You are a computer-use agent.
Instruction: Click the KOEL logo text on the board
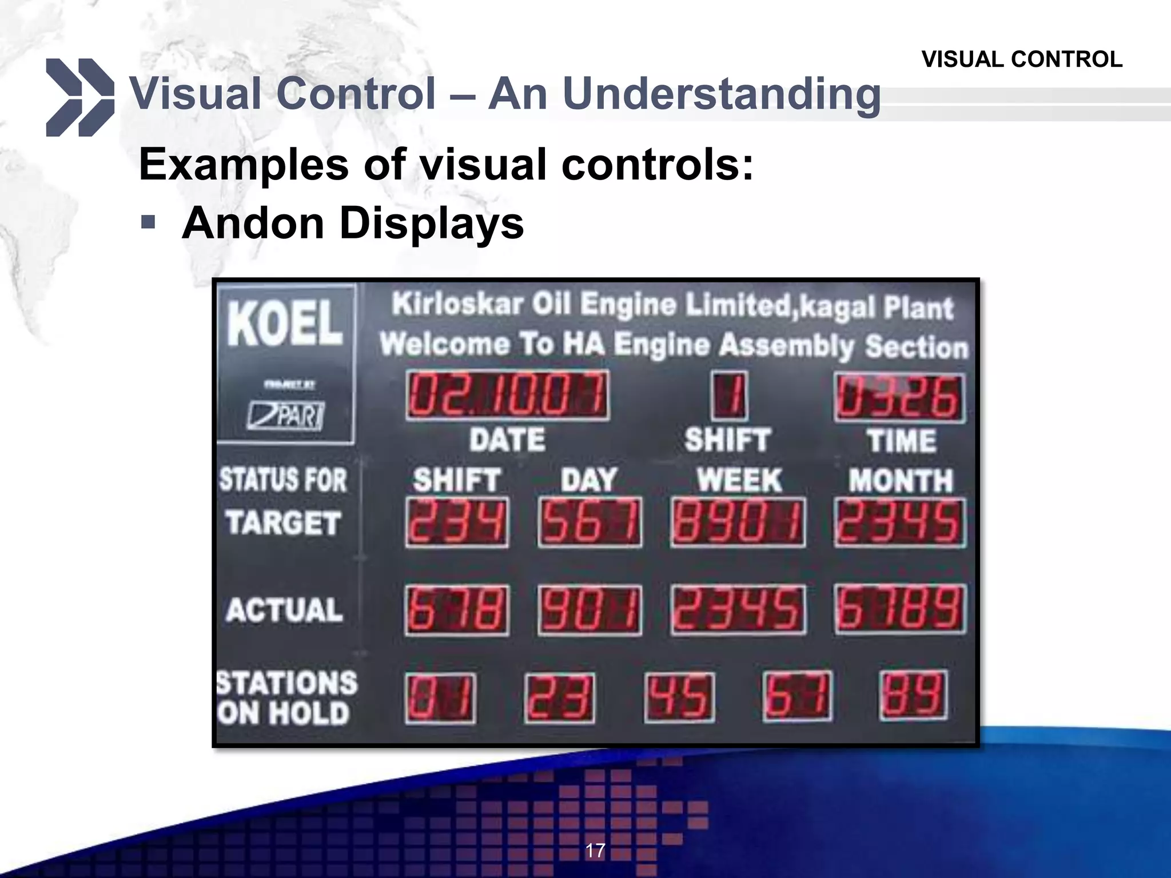285,323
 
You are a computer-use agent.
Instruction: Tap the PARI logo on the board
286,415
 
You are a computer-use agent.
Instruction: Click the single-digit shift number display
729,396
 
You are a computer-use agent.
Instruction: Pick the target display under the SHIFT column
457,522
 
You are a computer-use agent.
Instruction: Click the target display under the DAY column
590,522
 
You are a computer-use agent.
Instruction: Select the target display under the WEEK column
738,522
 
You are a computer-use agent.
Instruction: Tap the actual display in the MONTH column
900,609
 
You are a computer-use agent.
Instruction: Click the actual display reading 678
457,610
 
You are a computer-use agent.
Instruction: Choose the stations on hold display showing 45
679,697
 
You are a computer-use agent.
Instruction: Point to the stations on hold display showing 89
913,696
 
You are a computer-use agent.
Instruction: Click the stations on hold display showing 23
559,697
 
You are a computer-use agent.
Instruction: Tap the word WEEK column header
739,480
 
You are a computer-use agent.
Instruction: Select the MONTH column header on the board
901,480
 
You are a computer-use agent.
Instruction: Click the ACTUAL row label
284,609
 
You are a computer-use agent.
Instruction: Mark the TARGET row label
284,522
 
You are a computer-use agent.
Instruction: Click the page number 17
595,850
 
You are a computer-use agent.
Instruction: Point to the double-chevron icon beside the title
79,97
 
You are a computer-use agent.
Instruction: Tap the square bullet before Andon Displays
148,222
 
